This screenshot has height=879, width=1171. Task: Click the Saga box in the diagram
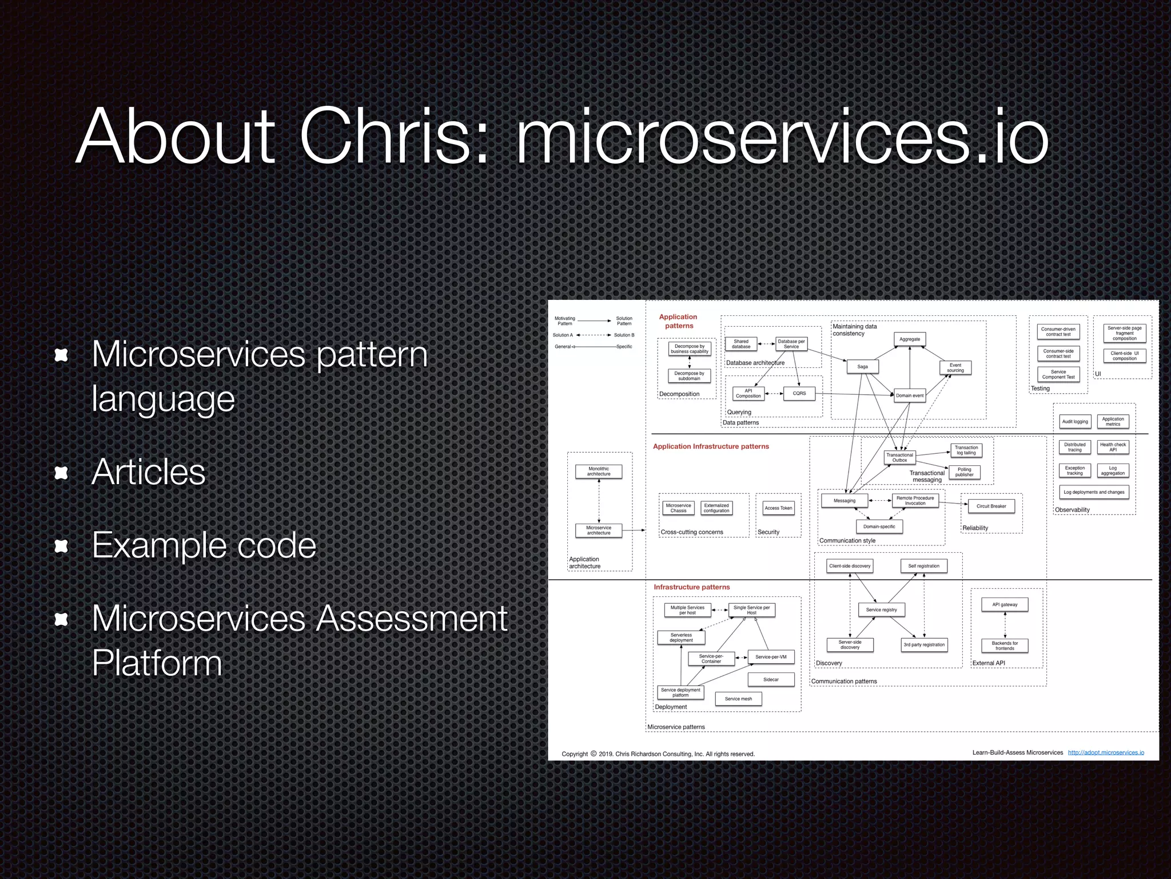click(862, 367)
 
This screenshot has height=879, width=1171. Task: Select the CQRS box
click(799, 393)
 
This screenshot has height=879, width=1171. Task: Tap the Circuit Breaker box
click(991, 506)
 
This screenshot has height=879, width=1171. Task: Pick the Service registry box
click(881, 609)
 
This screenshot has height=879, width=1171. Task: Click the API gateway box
click(1005, 604)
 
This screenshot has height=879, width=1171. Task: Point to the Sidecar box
click(771, 679)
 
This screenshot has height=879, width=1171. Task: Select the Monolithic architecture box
click(599, 471)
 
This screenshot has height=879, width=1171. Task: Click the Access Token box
click(778, 508)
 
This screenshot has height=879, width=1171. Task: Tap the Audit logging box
click(1075, 421)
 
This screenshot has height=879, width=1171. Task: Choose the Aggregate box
click(909, 339)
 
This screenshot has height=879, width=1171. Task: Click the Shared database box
click(741, 343)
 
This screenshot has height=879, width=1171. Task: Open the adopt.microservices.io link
click(1106, 753)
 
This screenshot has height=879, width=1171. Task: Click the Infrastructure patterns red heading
click(691, 587)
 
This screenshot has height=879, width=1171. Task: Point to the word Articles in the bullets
click(148, 472)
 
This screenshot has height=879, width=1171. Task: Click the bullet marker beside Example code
click(61, 546)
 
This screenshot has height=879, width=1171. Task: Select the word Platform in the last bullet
click(157, 663)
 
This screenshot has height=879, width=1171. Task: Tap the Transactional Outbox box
click(899, 457)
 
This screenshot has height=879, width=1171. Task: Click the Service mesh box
click(738, 698)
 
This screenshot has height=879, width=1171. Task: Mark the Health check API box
click(1113, 447)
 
